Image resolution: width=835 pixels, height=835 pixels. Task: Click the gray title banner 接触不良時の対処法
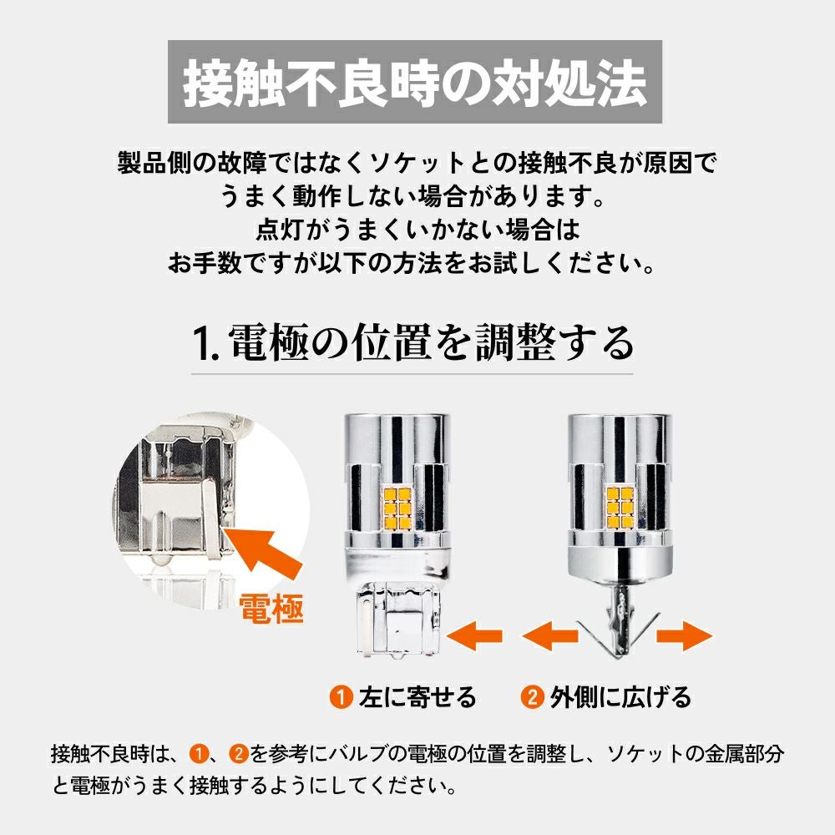(415, 82)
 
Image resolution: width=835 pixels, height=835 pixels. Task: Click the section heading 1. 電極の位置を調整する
(413, 343)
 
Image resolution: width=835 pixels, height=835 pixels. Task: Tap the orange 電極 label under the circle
(271, 608)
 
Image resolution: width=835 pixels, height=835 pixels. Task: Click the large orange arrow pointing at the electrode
(265, 554)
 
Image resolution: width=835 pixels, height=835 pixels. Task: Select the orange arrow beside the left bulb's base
(474, 635)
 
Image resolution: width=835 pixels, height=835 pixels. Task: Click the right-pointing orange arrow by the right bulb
(685, 635)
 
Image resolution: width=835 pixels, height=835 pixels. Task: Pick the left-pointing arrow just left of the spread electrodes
(549, 635)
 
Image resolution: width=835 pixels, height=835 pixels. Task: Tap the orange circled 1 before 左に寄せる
(341, 697)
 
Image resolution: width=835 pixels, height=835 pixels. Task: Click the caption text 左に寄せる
(417, 697)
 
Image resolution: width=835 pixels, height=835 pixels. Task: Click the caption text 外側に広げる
(620, 697)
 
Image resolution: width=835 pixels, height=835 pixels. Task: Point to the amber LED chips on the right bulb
(620, 508)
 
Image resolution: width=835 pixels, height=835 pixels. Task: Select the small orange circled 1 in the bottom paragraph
(198, 754)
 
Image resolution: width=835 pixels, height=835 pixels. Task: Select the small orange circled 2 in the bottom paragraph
(239, 754)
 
